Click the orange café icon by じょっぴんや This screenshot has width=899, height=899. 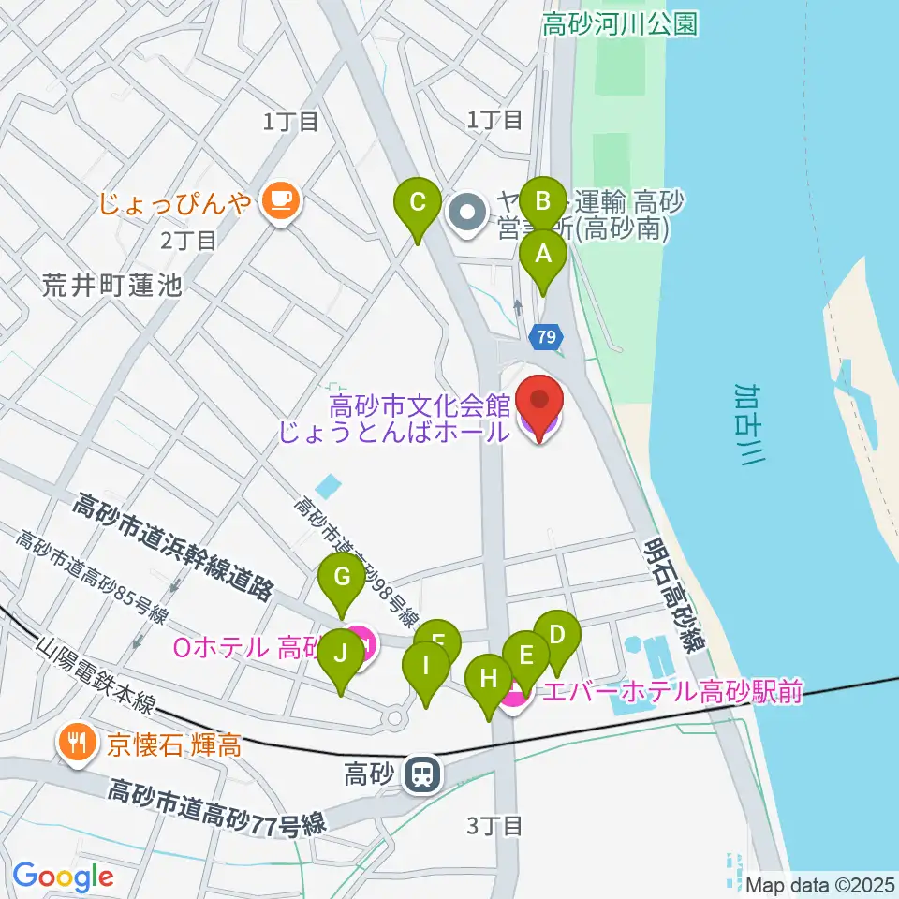pyautogui.click(x=279, y=199)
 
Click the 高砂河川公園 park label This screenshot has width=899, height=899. pyautogui.click(x=621, y=24)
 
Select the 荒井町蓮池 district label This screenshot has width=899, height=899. pyautogui.click(x=111, y=287)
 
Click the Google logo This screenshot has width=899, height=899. pyautogui.click(x=64, y=877)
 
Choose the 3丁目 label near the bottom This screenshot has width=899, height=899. pyautogui.click(x=494, y=825)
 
